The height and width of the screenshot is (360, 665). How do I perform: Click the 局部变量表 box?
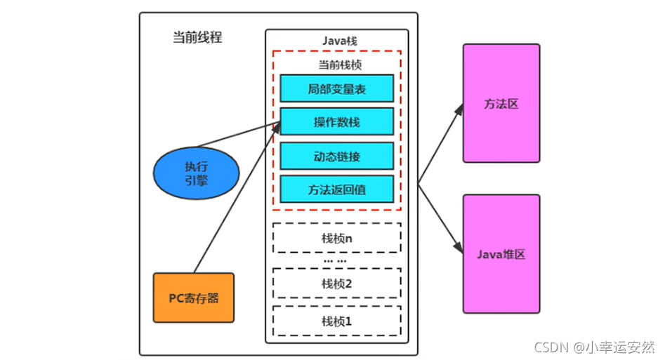[336, 88]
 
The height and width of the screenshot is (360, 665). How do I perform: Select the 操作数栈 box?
[336, 122]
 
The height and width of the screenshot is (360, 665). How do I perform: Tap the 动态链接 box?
[336, 156]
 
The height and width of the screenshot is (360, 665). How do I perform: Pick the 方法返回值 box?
[336, 189]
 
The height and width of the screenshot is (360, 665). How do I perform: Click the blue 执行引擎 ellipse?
[197, 173]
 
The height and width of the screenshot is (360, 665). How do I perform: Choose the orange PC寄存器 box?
[193, 298]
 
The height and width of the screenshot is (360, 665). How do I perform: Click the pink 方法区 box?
[501, 103]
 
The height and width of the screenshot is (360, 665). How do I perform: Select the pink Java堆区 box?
[501, 254]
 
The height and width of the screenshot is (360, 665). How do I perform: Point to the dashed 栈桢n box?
[336, 238]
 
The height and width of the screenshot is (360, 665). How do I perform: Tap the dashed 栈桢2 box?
[336, 283]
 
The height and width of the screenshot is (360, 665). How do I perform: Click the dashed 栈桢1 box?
[336, 321]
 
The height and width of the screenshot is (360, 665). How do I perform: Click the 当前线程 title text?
[197, 38]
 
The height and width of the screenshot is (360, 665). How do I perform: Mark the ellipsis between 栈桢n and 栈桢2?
[336, 260]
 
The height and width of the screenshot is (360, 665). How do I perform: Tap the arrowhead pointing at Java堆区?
[459, 249]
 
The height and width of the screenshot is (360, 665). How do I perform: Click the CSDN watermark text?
[594, 347]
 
